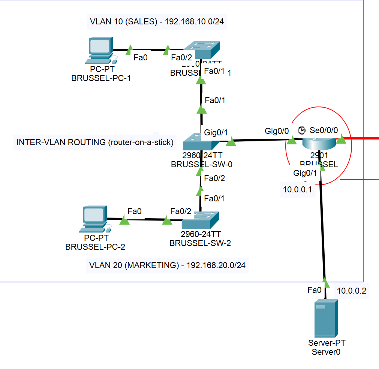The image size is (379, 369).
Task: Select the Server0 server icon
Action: click(x=325, y=318)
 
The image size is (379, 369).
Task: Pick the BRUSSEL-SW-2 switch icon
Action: click(x=200, y=222)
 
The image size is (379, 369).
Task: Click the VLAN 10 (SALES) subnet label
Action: click(x=157, y=22)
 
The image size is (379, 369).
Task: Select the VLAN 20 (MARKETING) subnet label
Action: click(x=167, y=265)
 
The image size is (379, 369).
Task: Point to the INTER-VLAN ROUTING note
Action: click(x=95, y=142)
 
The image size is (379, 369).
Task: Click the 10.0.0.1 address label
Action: click(x=298, y=190)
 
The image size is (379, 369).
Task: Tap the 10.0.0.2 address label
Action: click(x=351, y=291)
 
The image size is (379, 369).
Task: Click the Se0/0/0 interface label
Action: click(x=324, y=130)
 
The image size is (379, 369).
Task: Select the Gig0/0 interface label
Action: click(x=277, y=131)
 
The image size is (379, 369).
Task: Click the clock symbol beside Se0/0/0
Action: click(x=302, y=130)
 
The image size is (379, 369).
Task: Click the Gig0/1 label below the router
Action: click(x=305, y=173)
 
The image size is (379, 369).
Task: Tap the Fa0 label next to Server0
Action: click(x=314, y=290)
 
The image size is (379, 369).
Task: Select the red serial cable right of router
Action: click(x=362, y=138)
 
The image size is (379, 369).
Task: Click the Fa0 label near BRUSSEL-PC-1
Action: click(x=141, y=57)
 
